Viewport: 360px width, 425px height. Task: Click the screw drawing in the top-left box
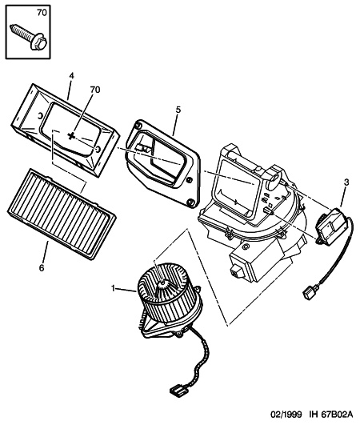click(x=29, y=38)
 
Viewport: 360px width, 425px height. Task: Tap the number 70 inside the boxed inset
click(x=42, y=13)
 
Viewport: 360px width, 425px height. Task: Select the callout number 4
click(x=71, y=76)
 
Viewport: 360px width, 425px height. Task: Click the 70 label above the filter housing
click(x=94, y=90)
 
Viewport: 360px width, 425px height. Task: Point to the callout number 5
click(x=178, y=110)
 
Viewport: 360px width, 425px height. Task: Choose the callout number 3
click(x=346, y=182)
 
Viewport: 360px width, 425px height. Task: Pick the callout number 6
click(x=41, y=268)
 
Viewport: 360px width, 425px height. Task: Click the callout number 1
click(x=114, y=288)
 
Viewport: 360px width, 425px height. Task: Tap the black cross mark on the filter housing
click(x=71, y=136)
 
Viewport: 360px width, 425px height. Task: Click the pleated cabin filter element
click(x=62, y=214)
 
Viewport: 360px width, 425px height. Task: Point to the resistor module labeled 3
click(x=331, y=226)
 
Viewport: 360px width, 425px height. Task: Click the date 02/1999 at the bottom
click(x=286, y=415)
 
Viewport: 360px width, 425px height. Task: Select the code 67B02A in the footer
click(x=337, y=415)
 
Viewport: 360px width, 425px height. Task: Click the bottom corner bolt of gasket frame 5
click(x=190, y=202)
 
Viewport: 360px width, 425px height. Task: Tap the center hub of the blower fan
click(x=163, y=284)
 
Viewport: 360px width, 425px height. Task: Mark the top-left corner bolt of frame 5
click(x=138, y=125)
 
